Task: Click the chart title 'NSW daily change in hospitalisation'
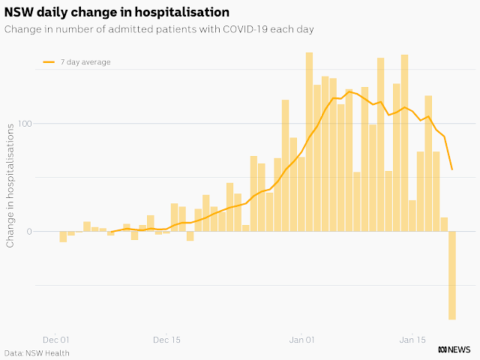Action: (117, 13)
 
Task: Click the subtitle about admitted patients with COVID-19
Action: (158, 29)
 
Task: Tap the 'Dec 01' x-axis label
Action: (56, 339)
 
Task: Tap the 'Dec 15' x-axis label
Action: (166, 339)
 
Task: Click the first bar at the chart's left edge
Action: (63, 236)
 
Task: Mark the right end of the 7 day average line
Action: (452, 169)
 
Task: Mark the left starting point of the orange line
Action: (111, 232)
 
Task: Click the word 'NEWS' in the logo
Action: (461, 349)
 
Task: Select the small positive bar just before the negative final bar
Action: (444, 224)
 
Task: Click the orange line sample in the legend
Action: (49, 62)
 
